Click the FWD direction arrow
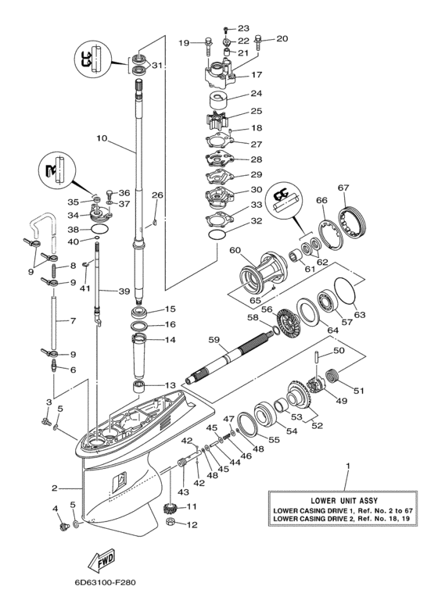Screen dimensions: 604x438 103,561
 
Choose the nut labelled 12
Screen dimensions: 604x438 169,524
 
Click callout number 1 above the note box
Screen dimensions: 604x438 347,468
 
